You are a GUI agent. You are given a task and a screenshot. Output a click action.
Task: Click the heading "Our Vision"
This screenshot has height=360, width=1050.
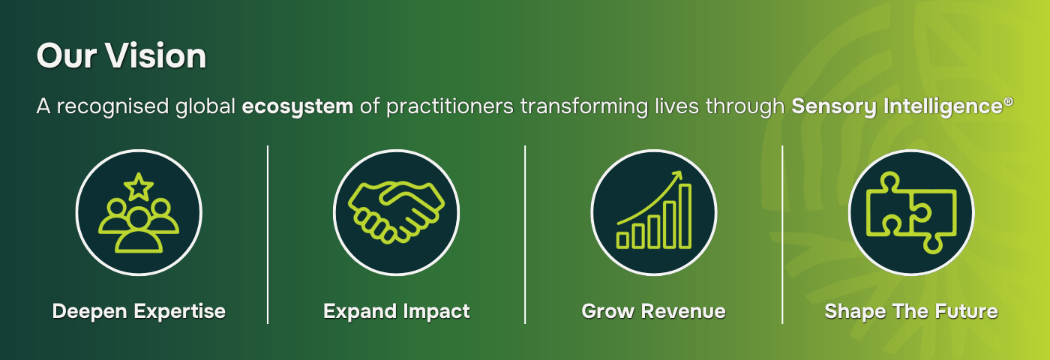click(x=121, y=55)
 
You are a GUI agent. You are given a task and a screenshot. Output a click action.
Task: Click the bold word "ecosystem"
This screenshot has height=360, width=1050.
click(x=297, y=106)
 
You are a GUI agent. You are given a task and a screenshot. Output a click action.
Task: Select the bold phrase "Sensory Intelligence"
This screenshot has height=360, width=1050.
click(x=897, y=106)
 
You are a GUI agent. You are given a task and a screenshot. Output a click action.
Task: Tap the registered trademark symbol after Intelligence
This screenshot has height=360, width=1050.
click(x=1009, y=101)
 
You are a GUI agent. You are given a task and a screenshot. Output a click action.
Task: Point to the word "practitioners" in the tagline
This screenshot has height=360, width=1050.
click(x=450, y=106)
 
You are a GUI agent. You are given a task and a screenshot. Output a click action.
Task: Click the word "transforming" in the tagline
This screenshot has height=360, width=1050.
click(x=584, y=106)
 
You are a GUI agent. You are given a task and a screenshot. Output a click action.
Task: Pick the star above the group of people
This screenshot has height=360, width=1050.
click(x=139, y=187)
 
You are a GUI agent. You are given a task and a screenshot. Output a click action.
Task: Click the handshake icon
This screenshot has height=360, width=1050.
click(x=396, y=211)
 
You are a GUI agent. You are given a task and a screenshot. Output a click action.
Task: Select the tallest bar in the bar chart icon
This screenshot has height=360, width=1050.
click(x=685, y=216)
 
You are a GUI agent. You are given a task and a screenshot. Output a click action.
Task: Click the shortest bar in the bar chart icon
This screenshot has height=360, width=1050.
click(x=622, y=240)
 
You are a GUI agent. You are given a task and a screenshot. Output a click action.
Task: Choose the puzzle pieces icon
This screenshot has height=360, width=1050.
click(x=911, y=213)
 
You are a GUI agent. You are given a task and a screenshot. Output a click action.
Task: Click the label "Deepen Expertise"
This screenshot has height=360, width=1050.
click(x=139, y=312)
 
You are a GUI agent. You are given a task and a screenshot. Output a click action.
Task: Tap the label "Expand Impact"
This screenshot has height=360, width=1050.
click(x=397, y=312)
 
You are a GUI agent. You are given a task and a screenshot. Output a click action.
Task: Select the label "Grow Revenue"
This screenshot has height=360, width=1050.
click(x=653, y=312)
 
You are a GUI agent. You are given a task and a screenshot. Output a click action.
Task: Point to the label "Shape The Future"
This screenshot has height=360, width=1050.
click(x=911, y=312)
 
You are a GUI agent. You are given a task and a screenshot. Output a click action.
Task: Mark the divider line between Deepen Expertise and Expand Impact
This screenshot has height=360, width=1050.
click(x=268, y=234)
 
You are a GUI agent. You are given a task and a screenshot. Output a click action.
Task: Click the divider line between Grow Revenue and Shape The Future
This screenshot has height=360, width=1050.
click(x=782, y=234)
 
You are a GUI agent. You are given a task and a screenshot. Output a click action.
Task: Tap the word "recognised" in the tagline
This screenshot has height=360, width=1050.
click(x=112, y=106)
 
